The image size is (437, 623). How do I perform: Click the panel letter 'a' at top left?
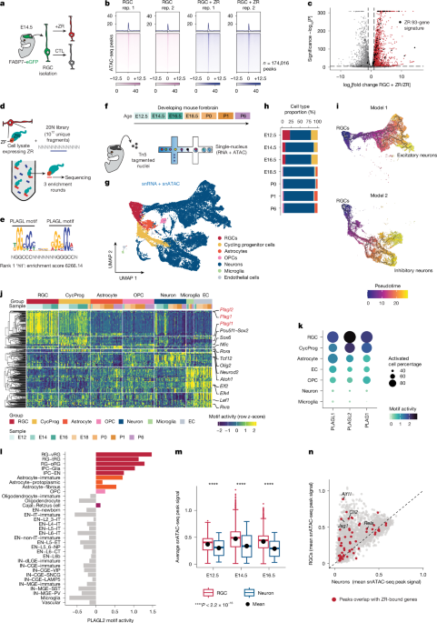5,5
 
